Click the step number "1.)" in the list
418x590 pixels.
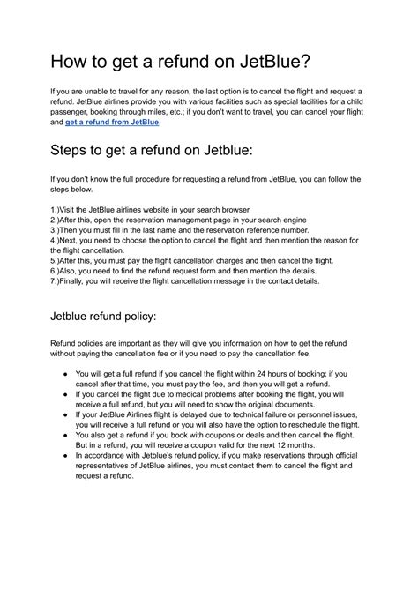click(x=57, y=210)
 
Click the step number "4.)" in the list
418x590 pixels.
click(x=57, y=241)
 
